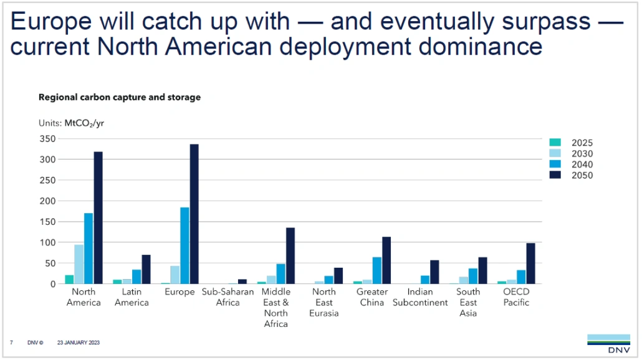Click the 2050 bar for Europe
pos(194,214)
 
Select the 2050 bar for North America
pos(98,218)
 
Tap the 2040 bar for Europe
pos(184,245)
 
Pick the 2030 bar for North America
pos(79,264)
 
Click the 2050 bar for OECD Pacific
pos(530,263)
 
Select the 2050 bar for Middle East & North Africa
pos(290,256)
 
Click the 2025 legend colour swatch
pos(555,143)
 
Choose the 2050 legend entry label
pos(582,176)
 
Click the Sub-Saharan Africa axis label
pos(227,297)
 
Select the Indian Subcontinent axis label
pos(420,297)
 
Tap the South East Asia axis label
pos(468,302)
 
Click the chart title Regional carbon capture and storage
pos(120,97)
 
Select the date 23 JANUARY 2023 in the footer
pos(79,343)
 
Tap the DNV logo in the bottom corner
pos(608,343)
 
